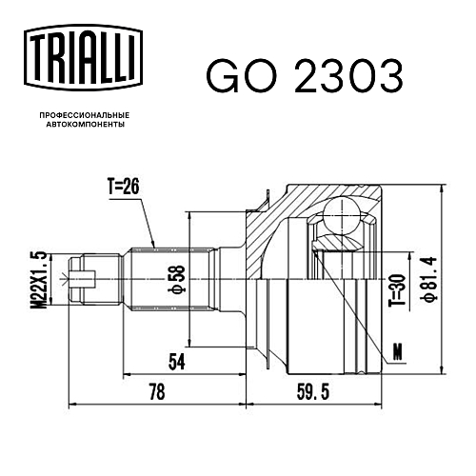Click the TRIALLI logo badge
[x=83, y=58]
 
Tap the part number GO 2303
[x=305, y=76]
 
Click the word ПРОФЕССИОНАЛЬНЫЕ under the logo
[x=85, y=115]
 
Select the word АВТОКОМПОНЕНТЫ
[x=86, y=125]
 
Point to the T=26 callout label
[x=124, y=187]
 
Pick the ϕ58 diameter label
[x=179, y=278]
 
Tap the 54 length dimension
[x=177, y=362]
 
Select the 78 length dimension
[x=157, y=391]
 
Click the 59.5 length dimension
[x=313, y=391]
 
